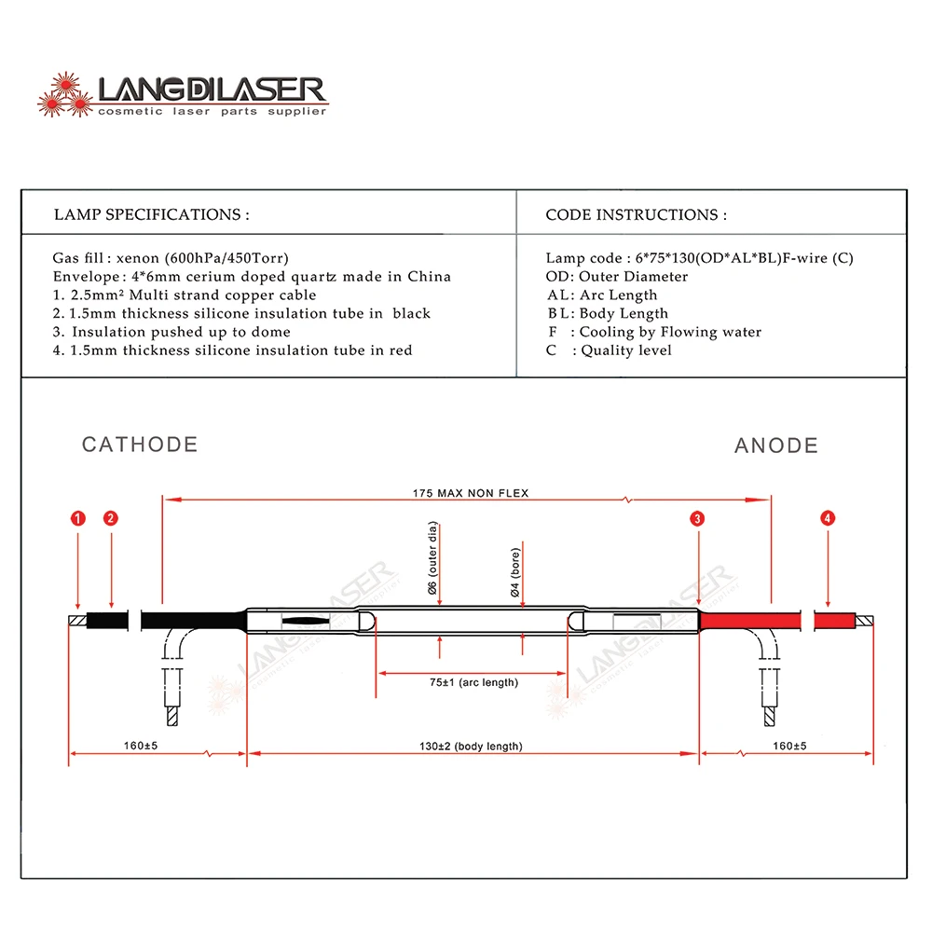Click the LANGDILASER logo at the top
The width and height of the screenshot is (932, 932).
click(183, 95)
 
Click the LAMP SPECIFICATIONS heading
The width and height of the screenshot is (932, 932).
click(151, 214)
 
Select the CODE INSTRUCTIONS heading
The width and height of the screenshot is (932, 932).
click(636, 214)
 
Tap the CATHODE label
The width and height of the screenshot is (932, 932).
click(140, 445)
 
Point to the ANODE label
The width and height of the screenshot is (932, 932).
click(776, 445)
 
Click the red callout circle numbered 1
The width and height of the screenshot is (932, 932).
click(78, 518)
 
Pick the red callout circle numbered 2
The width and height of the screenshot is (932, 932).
click(111, 518)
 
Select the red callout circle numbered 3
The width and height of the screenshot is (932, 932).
click(698, 518)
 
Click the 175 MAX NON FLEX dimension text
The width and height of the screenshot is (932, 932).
click(471, 492)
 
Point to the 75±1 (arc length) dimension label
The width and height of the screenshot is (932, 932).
click(473, 682)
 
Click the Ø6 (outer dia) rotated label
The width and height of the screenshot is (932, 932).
click(433, 559)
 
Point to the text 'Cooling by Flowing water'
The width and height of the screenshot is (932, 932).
click(670, 332)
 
